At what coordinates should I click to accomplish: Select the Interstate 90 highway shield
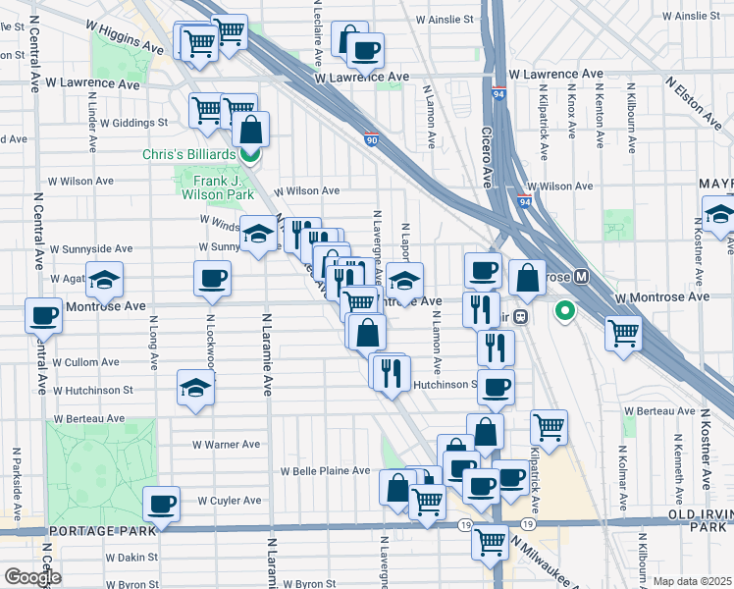click(372, 140)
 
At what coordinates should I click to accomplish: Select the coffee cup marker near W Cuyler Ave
click(161, 504)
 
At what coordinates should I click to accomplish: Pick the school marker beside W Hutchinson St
click(196, 387)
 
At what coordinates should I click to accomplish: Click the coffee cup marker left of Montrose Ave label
click(44, 315)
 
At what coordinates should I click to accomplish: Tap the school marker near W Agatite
click(105, 280)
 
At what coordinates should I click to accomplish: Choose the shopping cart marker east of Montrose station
click(623, 334)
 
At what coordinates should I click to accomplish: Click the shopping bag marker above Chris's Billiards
click(251, 129)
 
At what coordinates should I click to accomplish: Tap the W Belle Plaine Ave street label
click(325, 471)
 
